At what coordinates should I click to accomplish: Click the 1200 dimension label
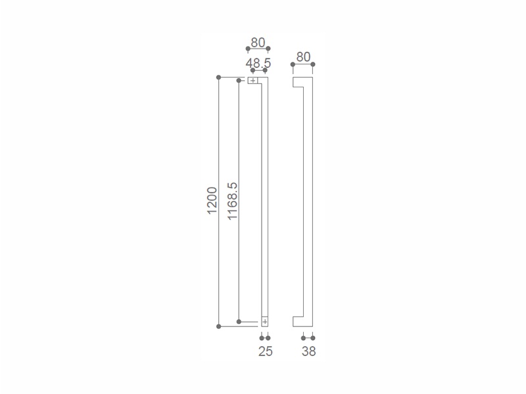click(212, 201)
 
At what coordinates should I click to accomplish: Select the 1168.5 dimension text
click(232, 201)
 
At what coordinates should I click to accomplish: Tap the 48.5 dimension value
click(258, 63)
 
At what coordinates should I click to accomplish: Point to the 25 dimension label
click(266, 351)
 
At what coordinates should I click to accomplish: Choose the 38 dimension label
click(308, 351)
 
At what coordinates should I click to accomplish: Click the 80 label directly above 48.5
click(258, 43)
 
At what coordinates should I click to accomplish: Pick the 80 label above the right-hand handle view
click(303, 57)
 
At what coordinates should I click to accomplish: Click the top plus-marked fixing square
click(252, 80)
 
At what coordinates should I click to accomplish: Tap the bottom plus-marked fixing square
click(265, 322)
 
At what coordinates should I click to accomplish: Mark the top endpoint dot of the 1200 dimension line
click(219, 77)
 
